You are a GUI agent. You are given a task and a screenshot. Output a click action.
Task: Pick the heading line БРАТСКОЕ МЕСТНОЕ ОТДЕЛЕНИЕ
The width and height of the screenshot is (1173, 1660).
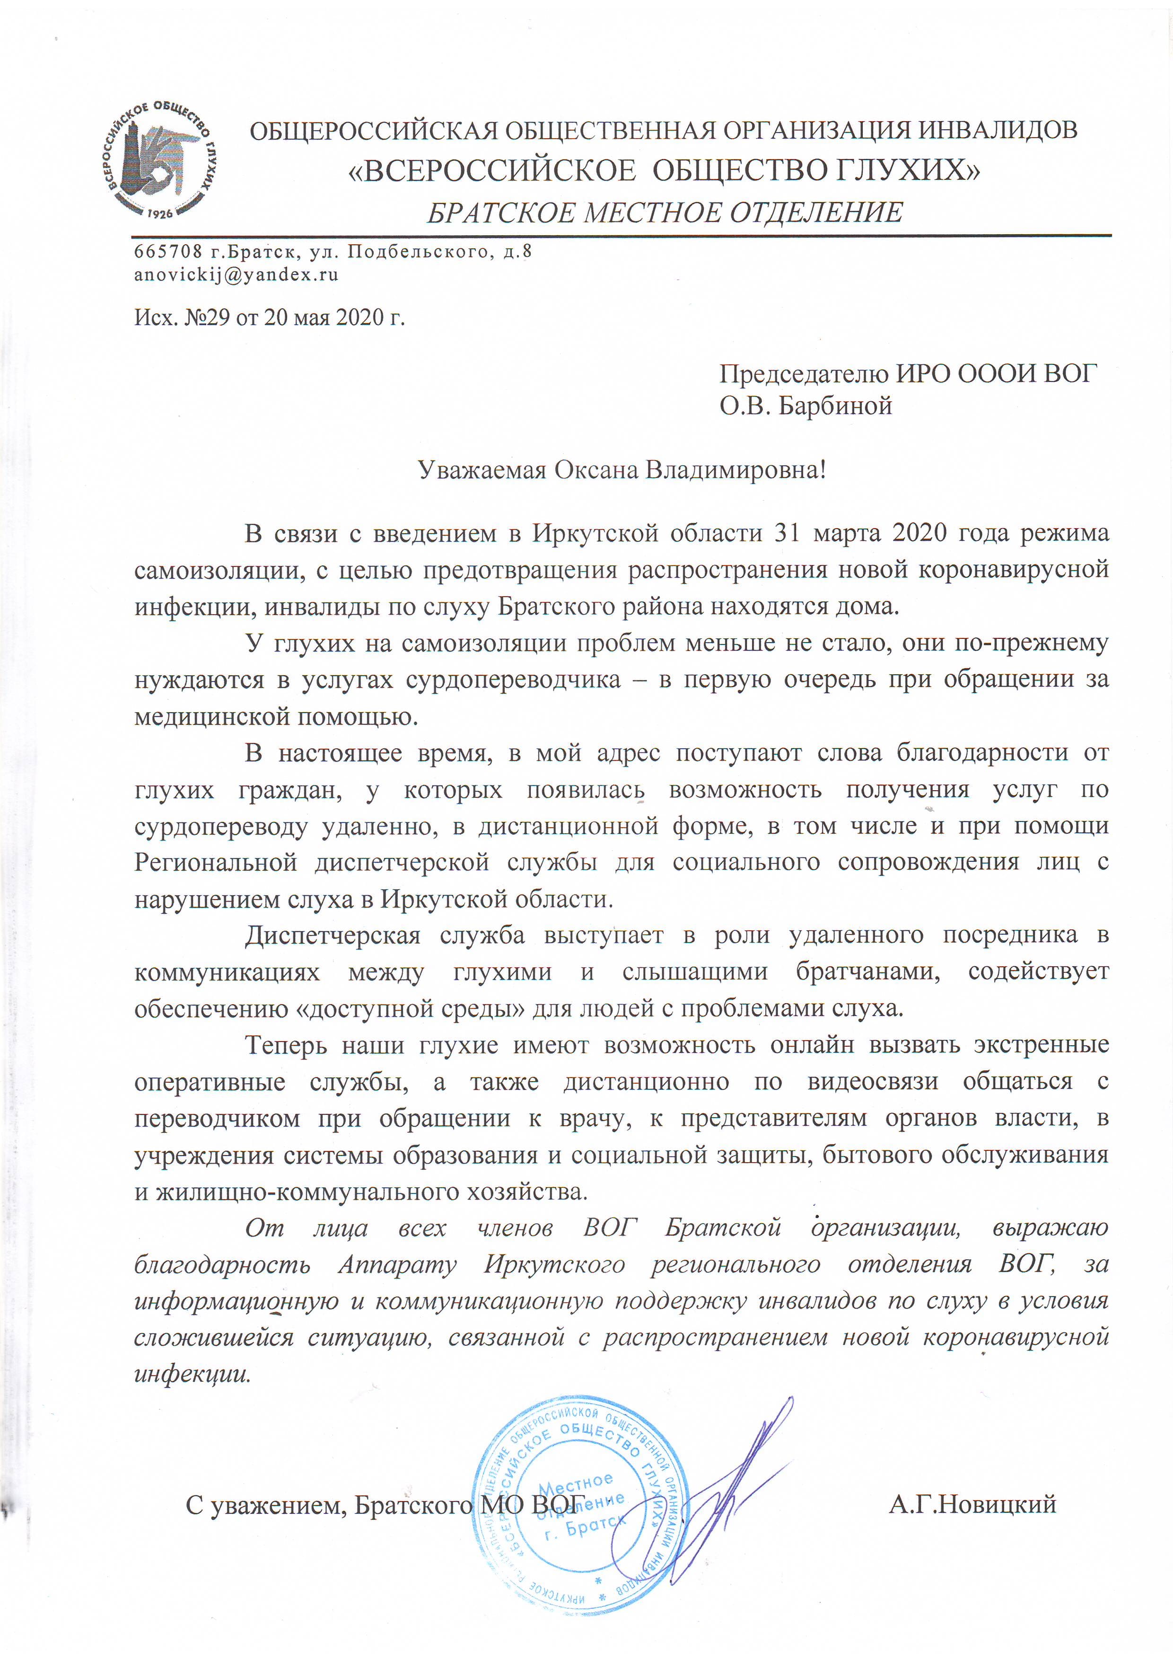pos(665,212)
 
